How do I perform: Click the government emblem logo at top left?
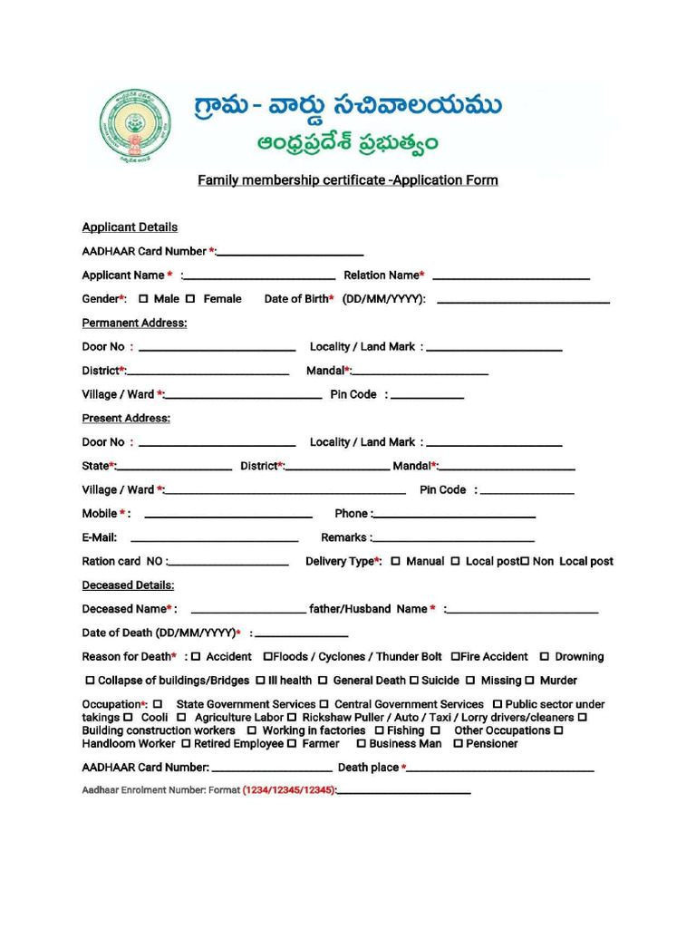coord(134,126)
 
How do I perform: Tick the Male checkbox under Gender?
coord(143,298)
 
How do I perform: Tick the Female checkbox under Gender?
coord(190,298)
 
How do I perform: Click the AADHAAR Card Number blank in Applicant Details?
coord(290,254)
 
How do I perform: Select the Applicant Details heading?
coord(130,227)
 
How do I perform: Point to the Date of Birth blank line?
coord(523,301)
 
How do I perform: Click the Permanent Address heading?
coord(134,323)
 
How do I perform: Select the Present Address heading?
coord(126,418)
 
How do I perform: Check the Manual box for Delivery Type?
coord(396,562)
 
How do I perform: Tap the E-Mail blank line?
coord(214,540)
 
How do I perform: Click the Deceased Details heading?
coord(128,585)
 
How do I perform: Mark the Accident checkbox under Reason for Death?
coord(196,657)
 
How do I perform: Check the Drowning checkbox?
coord(545,657)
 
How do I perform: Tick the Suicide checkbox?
coord(414,681)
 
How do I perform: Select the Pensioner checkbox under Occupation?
coord(459,744)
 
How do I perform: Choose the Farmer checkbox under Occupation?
coord(292,744)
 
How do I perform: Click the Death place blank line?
coord(501,770)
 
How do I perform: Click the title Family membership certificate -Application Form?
coord(348,180)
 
